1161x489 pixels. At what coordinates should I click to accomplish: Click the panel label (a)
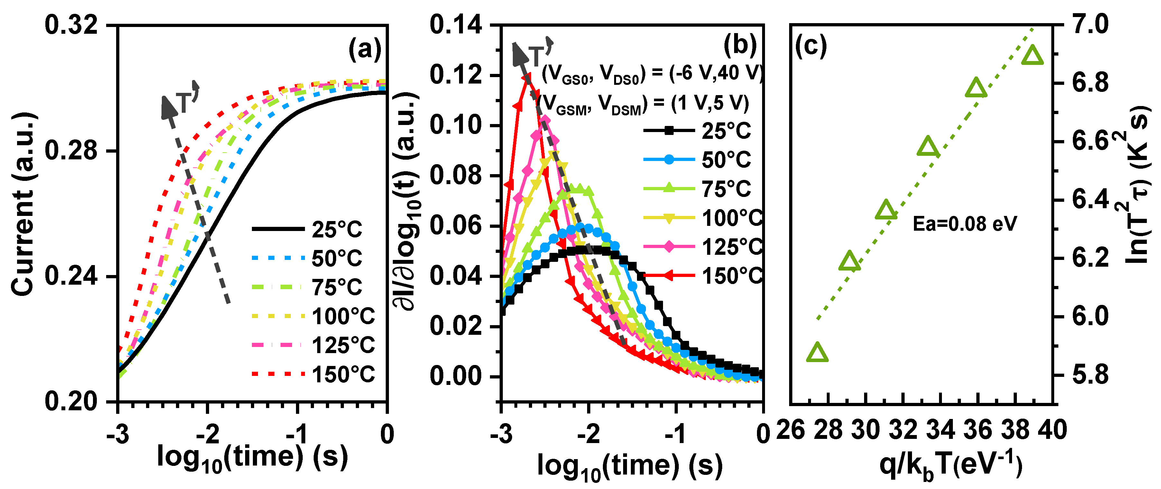point(364,49)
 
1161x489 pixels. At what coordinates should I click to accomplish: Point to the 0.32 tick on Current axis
point(71,25)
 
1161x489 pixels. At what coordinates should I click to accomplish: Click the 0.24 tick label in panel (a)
point(71,276)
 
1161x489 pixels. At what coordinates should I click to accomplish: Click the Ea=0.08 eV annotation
point(964,224)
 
